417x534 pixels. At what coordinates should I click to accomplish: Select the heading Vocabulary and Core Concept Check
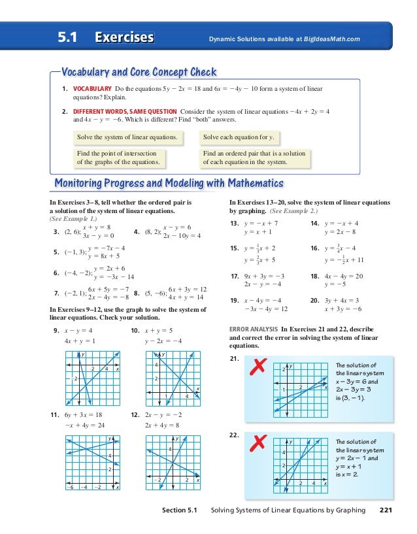[x=138, y=71]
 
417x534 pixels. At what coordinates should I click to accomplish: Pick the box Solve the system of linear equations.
[x=127, y=138]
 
